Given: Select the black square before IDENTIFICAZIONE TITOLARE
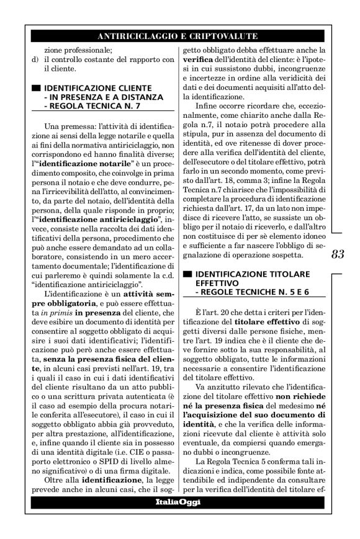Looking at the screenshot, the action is pos(186,273).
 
